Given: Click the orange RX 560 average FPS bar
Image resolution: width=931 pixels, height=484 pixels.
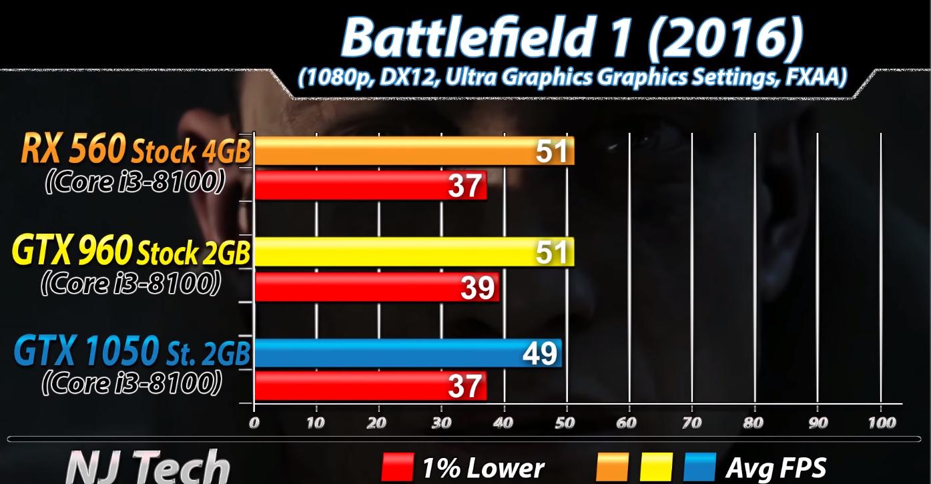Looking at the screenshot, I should [394, 151].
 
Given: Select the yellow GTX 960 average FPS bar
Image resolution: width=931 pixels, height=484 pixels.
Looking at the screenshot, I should [394, 252].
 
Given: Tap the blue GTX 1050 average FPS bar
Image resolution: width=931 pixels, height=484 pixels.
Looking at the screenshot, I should [387, 353].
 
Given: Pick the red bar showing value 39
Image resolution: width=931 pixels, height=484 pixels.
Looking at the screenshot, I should [360, 287].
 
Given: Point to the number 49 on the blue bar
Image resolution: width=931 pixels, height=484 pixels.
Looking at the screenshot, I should [540, 353].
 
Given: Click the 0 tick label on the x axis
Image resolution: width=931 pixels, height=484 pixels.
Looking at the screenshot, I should [254, 423].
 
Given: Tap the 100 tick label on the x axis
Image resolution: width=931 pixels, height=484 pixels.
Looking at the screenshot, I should [881, 423].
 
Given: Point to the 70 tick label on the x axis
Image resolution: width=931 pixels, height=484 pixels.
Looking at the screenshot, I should [692, 423].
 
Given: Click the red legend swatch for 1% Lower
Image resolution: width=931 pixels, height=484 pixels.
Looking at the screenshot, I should [398, 467].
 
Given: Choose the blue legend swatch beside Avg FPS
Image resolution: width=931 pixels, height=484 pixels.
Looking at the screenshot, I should [700, 467].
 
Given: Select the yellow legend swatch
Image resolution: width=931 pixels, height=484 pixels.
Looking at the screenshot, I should [656, 467].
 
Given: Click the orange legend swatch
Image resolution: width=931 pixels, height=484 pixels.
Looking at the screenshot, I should [612, 467].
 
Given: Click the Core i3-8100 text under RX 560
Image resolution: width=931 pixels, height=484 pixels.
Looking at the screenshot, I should [134, 183].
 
